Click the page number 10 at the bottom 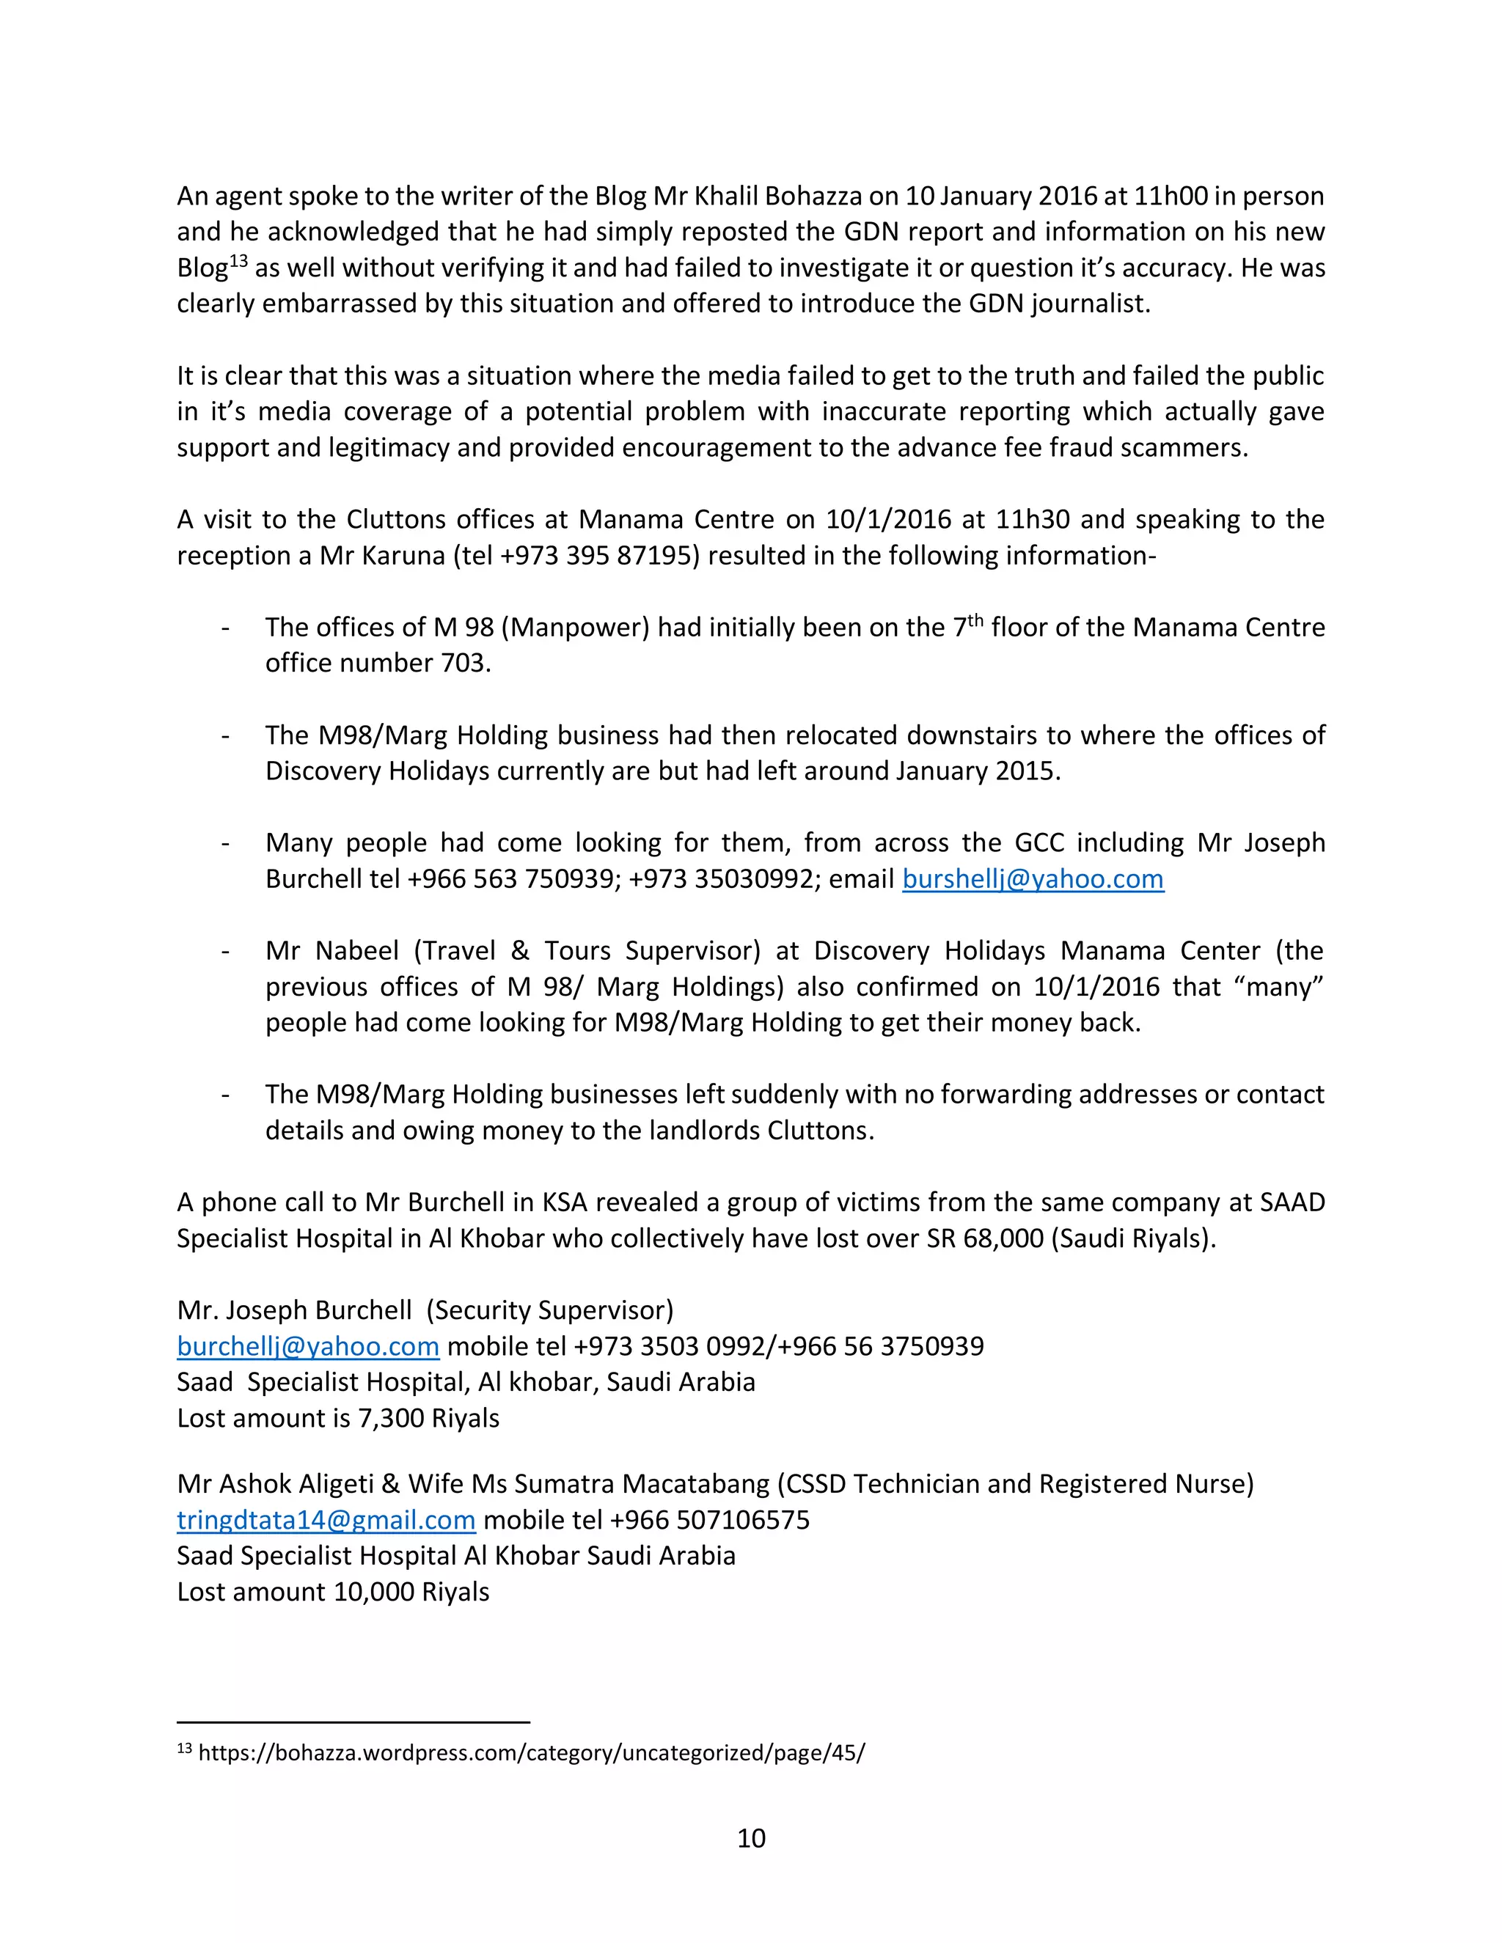[x=751, y=1837]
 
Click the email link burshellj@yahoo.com [x=1032, y=879]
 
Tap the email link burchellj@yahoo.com [x=308, y=1345]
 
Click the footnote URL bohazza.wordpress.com [x=531, y=1752]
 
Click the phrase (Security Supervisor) [x=549, y=1310]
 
